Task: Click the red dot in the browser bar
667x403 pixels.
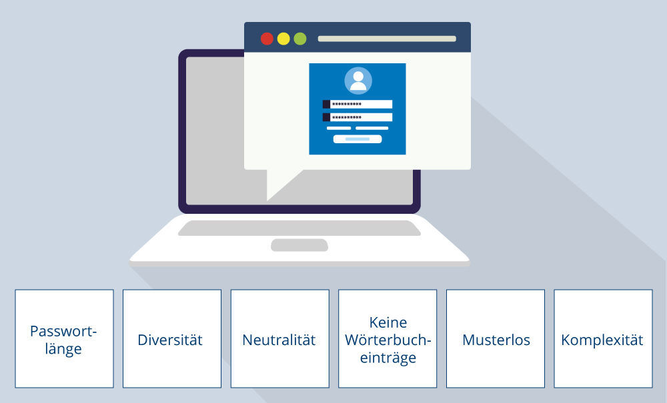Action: tap(267, 39)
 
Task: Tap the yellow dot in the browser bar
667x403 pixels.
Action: tap(283, 39)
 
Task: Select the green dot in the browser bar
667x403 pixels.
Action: tap(300, 39)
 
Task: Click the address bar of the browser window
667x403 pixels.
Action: tap(387, 39)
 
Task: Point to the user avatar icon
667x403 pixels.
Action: tap(358, 81)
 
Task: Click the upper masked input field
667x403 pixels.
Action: tap(361, 104)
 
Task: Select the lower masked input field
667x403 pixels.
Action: tap(361, 117)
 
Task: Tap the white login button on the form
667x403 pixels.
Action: tap(358, 139)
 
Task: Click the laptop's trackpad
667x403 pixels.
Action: tap(299, 245)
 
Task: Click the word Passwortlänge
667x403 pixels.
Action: tap(63, 340)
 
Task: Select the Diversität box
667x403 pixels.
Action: tap(172, 338)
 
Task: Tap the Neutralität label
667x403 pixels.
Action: tap(279, 340)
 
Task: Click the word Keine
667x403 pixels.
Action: tap(388, 322)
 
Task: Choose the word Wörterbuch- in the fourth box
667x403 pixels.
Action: tap(388, 340)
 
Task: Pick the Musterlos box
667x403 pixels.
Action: tap(496, 338)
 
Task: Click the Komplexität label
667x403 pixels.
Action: tap(602, 340)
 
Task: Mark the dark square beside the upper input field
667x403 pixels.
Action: tap(326, 104)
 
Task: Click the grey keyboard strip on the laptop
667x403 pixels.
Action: tap(299, 228)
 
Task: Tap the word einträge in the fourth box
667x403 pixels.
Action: tap(388, 358)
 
